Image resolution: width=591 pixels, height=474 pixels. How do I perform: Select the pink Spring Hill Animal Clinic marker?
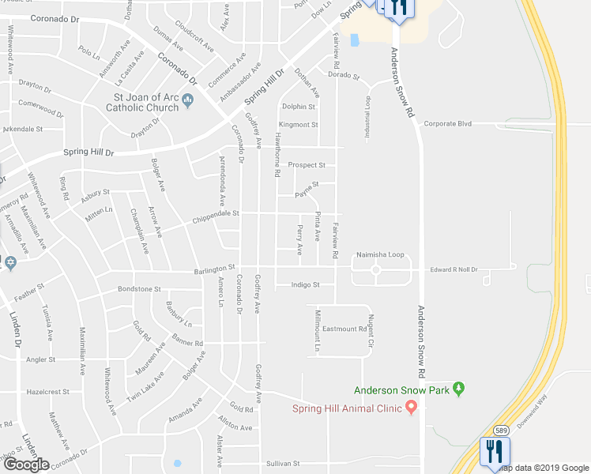pyautogui.click(x=411, y=407)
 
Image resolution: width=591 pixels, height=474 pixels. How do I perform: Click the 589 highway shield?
pyautogui.click(x=501, y=430)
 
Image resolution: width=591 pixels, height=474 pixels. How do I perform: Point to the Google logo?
pyautogui.click(x=26, y=465)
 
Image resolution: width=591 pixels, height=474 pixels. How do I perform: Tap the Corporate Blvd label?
pyautogui.click(x=447, y=124)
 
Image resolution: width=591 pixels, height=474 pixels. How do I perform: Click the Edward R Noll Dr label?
pyautogui.click(x=454, y=270)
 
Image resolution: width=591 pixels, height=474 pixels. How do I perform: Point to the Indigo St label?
pyautogui.click(x=304, y=284)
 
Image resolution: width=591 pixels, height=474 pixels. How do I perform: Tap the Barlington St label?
pyautogui.click(x=215, y=271)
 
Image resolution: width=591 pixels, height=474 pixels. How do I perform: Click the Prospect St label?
pyautogui.click(x=307, y=165)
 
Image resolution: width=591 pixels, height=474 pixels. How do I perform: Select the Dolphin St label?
pyautogui.click(x=298, y=107)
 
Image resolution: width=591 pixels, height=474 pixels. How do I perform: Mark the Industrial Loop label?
pyautogui.click(x=367, y=119)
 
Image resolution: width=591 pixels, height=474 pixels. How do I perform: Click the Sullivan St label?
pyautogui.click(x=284, y=463)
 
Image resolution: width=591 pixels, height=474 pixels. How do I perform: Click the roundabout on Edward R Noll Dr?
pyautogui.click(x=376, y=270)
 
